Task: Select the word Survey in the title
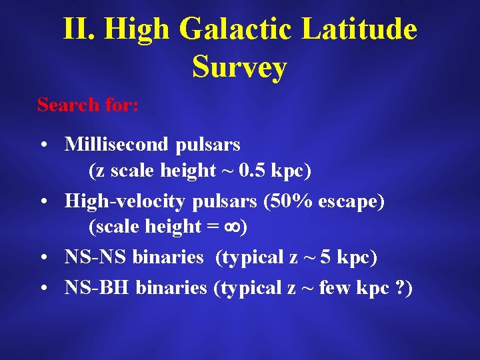tap(239, 67)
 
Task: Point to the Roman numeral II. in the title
tap(79, 29)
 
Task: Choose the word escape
tap(354, 201)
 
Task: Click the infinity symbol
tap(233, 228)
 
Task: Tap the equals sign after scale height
tap(212, 228)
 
